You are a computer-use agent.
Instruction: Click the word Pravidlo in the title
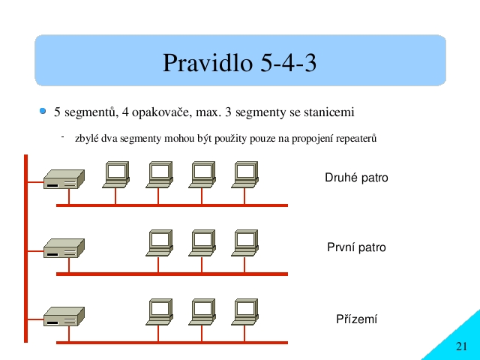(208, 62)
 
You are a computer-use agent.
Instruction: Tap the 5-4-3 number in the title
(288, 62)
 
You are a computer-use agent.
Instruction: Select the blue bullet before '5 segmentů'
(43, 111)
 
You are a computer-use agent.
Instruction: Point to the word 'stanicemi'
(329, 112)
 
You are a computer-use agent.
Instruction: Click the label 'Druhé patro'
(356, 178)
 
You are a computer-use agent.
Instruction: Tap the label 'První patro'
(356, 247)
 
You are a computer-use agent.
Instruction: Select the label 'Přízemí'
(357, 319)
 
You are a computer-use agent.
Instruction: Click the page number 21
(462, 346)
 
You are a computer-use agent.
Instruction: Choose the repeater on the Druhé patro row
(64, 179)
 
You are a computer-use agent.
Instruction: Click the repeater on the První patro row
(64, 248)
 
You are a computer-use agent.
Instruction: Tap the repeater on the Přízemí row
(64, 316)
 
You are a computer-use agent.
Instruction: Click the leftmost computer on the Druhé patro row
(116, 175)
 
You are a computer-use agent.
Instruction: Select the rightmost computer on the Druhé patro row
(245, 175)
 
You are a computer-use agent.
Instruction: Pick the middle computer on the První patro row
(202, 243)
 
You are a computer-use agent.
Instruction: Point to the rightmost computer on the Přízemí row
(245, 312)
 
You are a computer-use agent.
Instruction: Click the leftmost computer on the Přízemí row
(159, 312)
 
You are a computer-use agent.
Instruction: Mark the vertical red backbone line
(25, 248)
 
